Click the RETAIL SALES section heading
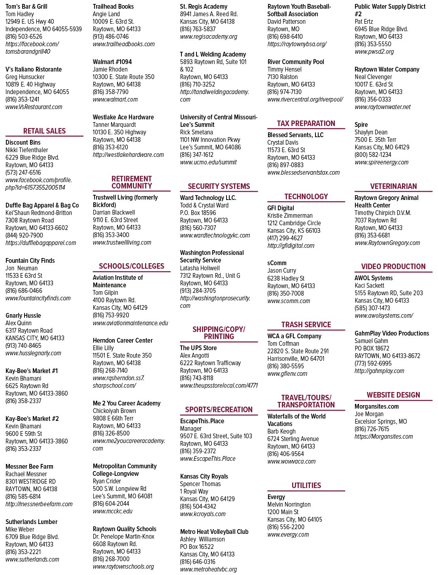point(44,131)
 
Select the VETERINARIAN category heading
point(393,186)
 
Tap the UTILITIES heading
point(306,485)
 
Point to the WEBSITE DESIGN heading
point(393,395)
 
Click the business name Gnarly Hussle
point(23,315)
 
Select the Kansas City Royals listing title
point(204,476)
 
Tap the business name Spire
point(361,125)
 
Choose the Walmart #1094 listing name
point(112,62)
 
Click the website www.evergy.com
point(288,534)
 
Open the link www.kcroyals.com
point(202,514)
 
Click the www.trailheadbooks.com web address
point(124,44)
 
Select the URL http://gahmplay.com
point(379,371)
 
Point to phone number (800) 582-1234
point(373,155)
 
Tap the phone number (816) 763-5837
point(198,29)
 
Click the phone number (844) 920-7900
point(24,235)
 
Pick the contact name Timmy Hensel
point(284,70)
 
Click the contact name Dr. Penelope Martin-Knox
point(123,536)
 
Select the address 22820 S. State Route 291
point(298,351)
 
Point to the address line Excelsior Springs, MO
point(381,422)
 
